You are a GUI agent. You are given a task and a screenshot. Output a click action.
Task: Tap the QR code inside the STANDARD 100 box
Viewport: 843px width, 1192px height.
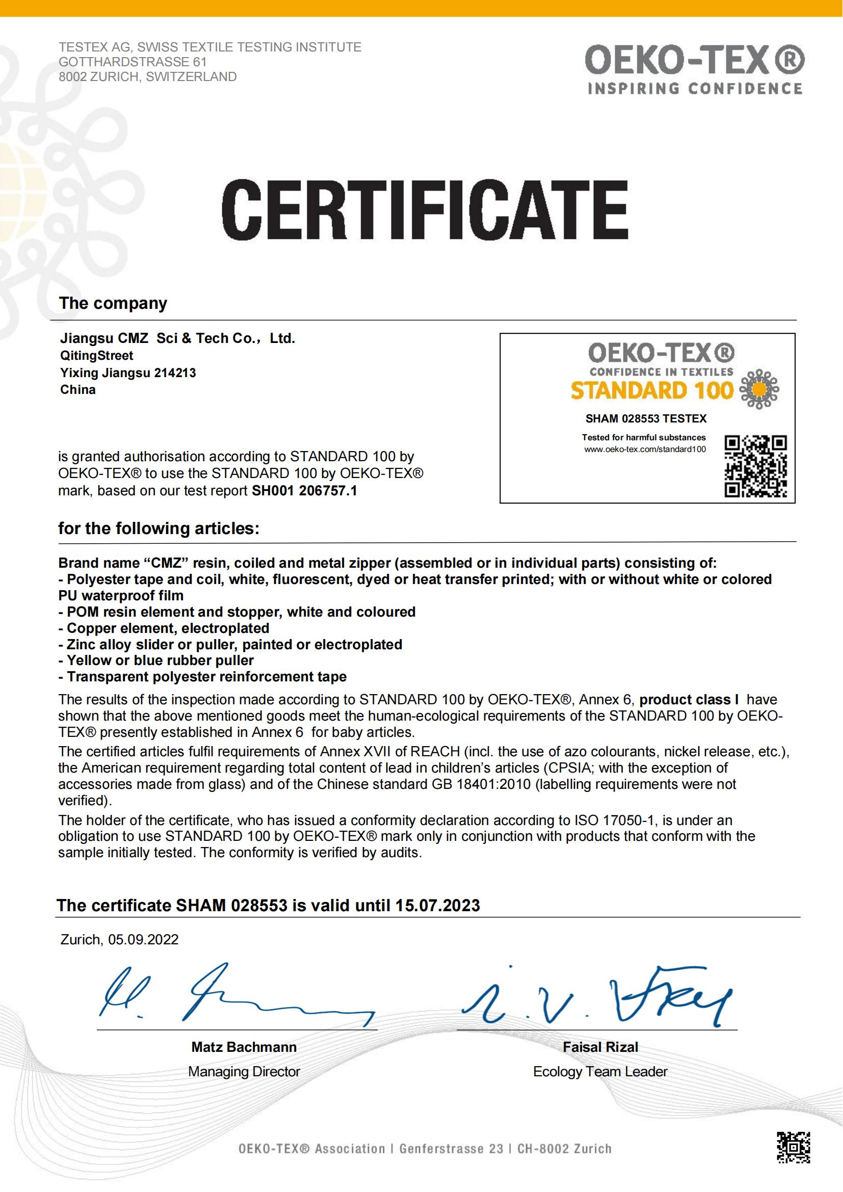pyautogui.click(x=755, y=466)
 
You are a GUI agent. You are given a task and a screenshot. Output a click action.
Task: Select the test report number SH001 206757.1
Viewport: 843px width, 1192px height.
pyautogui.click(x=305, y=491)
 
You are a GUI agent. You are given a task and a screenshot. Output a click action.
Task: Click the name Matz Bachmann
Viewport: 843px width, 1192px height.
pyautogui.click(x=244, y=1047)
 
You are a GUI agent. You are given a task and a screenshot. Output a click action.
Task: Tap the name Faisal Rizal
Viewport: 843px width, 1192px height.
pyautogui.click(x=600, y=1047)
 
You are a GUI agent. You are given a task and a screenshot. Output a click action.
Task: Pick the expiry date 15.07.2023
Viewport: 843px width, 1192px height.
pyautogui.click(x=438, y=906)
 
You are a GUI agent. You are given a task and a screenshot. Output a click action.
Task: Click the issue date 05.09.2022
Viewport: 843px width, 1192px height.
pyautogui.click(x=143, y=940)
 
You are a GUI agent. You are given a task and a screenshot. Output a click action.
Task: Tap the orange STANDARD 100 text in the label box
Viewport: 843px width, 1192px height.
pyautogui.click(x=651, y=390)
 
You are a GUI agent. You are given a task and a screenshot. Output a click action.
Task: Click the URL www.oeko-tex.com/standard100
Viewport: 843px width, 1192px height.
pyautogui.click(x=645, y=449)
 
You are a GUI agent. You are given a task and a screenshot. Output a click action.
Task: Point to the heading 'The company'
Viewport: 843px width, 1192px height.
pyautogui.click(x=113, y=303)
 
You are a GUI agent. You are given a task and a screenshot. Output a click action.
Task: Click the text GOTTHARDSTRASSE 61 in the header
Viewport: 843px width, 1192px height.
pyautogui.click(x=133, y=62)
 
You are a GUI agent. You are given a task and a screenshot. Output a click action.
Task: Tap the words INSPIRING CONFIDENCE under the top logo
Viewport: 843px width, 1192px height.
pyautogui.click(x=695, y=89)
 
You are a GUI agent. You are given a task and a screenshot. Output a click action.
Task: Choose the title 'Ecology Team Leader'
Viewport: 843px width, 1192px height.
pyautogui.click(x=600, y=1072)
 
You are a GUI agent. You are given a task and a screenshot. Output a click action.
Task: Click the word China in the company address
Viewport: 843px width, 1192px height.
pyautogui.click(x=78, y=390)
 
